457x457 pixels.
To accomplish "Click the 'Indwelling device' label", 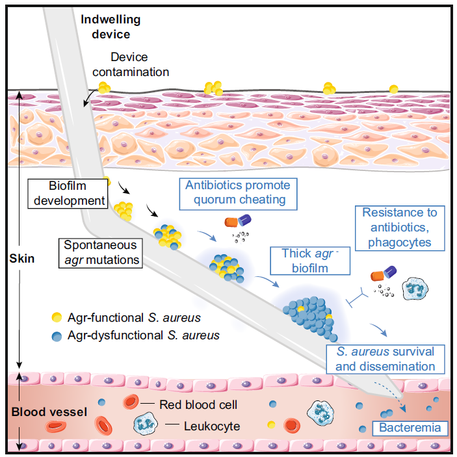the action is click(111, 27).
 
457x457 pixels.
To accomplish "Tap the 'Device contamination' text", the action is click(131, 64).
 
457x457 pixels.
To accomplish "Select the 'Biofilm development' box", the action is click(68, 194).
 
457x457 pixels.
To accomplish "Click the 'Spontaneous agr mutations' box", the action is click(101, 253).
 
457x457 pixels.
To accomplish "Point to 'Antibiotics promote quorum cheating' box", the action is click(238, 194).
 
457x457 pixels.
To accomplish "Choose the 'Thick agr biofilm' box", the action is click(310, 261).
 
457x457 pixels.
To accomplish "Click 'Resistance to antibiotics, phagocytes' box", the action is click(400, 228).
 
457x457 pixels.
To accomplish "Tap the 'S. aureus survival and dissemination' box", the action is click(385, 359).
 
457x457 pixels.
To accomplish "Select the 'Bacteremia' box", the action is click(410, 428).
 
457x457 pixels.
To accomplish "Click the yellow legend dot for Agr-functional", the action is click(57, 317).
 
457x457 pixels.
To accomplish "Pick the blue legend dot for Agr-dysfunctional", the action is click(57, 336).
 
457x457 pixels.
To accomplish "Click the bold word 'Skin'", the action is click(22, 259).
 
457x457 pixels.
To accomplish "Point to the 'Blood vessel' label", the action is click(49, 412).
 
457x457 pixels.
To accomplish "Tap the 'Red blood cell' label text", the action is click(198, 405).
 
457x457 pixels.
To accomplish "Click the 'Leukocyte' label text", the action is click(212, 426).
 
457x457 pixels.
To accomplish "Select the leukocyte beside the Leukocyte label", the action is click(146, 424).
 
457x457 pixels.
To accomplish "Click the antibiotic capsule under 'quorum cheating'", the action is click(238, 221).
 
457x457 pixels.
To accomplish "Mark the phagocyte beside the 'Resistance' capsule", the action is click(415, 289).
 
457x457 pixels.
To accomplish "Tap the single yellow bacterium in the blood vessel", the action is click(271, 425).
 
